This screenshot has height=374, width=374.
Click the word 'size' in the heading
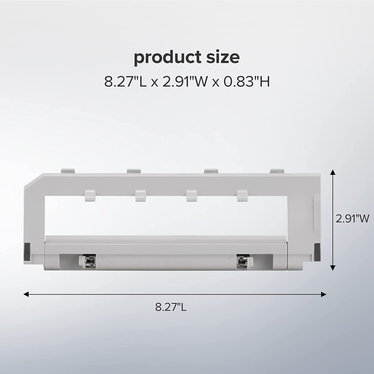coord(223,58)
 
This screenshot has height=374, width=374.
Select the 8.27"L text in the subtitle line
coord(125,81)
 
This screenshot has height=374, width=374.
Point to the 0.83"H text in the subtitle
coord(247,81)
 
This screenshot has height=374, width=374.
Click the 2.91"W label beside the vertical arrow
coord(352,218)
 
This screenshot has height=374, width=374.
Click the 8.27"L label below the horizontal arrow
coord(171,307)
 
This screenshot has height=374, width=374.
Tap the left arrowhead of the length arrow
coord(26,295)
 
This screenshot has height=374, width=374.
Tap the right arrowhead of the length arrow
coord(324,295)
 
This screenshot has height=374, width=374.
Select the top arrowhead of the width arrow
coord(333,172)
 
